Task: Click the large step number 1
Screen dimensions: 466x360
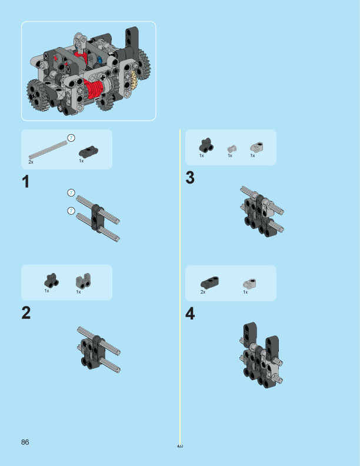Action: [x=25, y=182]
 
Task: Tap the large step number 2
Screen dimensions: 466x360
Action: [x=26, y=313]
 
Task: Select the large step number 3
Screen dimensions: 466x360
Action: [x=190, y=178]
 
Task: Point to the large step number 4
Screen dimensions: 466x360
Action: [x=190, y=314]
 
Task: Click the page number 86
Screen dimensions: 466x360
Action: [x=25, y=442]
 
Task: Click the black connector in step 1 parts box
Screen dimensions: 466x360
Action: [x=88, y=150]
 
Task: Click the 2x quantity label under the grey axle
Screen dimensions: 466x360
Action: [x=31, y=161]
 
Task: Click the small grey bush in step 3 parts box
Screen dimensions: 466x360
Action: [x=232, y=148]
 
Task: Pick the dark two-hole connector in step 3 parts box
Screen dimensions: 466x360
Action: [x=205, y=145]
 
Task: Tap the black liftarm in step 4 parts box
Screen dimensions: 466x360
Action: [x=209, y=282]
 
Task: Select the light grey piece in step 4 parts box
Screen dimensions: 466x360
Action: [x=248, y=284]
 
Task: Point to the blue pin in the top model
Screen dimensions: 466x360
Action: [x=100, y=59]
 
